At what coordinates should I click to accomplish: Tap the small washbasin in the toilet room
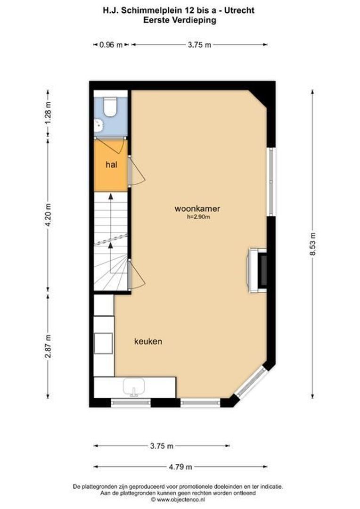[99, 125]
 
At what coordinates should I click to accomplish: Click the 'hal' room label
[111, 164]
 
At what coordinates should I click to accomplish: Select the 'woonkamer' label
[197, 208]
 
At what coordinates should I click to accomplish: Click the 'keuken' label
[148, 341]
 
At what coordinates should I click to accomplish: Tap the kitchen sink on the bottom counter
[135, 387]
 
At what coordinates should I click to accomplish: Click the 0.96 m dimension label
[111, 45]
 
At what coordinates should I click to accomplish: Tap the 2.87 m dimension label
[48, 347]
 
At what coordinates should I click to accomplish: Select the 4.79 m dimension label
[180, 467]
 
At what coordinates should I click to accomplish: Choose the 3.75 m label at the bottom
[162, 446]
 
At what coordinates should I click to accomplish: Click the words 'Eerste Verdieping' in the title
[180, 20]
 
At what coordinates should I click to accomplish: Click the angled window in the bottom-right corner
[253, 382]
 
